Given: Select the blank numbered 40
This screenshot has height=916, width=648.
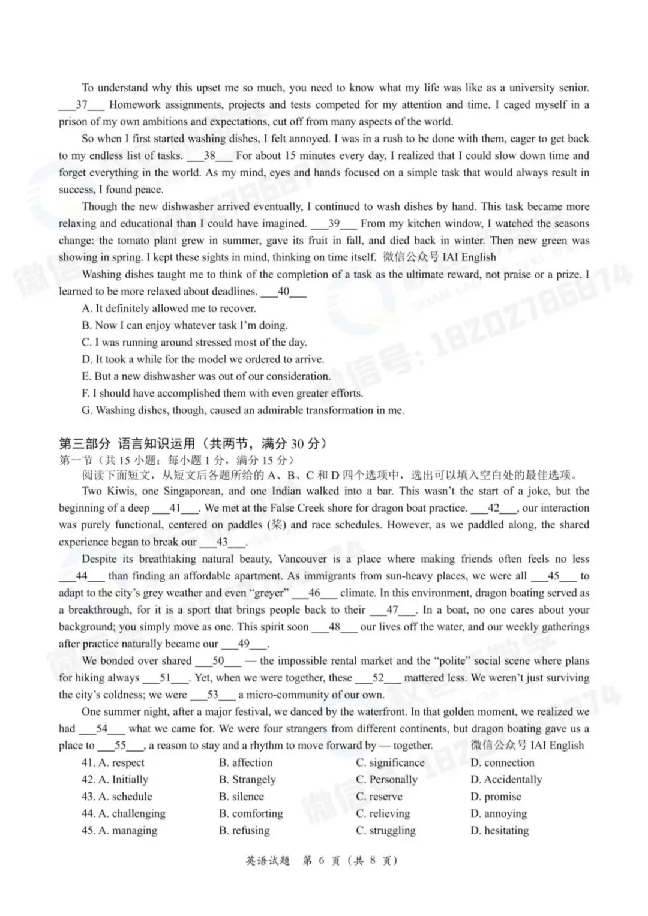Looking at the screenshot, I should [x=284, y=292].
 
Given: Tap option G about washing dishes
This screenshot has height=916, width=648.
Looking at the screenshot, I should [x=243, y=410].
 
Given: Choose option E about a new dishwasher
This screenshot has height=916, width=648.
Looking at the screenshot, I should [x=206, y=376].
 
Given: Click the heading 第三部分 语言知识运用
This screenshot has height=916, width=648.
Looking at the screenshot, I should [x=192, y=444].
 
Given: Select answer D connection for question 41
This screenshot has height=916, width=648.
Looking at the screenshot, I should [x=502, y=763].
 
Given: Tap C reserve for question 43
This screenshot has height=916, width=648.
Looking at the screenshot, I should [x=379, y=797].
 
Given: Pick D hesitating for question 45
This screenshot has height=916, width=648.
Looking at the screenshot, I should [x=500, y=831].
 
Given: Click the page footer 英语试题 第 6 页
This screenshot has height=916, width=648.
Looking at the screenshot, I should [x=322, y=861].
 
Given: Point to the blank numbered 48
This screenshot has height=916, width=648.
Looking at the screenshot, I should [x=334, y=627].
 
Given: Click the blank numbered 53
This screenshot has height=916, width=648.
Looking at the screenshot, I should [x=212, y=695].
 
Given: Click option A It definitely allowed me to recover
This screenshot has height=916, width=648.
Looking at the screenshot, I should [x=169, y=308].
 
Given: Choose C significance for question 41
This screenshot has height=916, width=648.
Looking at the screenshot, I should [x=390, y=763].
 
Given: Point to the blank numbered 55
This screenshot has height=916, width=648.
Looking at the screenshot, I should [x=121, y=746].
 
